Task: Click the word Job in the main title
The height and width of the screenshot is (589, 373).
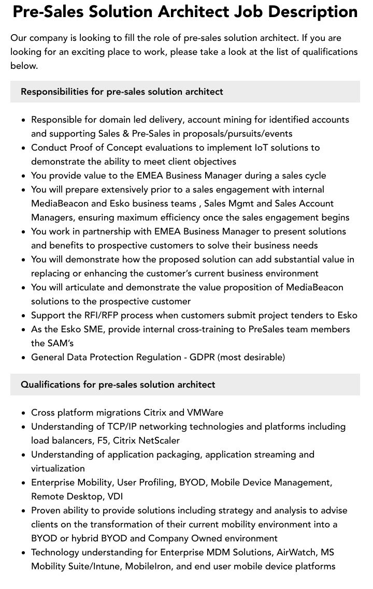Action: [x=251, y=11]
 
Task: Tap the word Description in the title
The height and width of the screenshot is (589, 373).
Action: [x=317, y=11]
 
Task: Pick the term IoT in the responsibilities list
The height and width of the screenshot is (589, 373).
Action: [x=261, y=148]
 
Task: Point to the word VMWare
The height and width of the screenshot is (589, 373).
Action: [x=205, y=413]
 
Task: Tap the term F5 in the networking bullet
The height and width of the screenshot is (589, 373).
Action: [x=103, y=440]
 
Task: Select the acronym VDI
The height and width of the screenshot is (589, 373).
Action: [x=115, y=496]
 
